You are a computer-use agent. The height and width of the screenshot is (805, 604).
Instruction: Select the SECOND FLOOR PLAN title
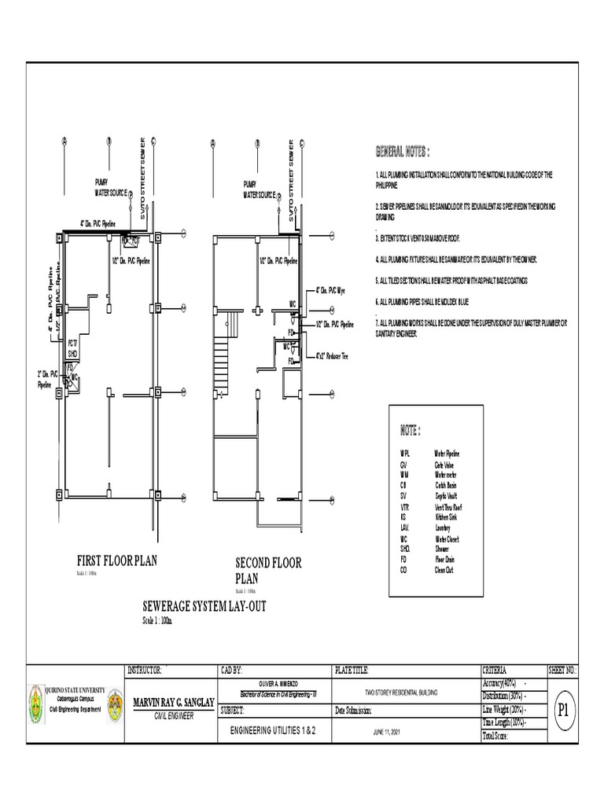[x=268, y=571]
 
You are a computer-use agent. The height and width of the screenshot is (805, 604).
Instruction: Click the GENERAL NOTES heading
[x=403, y=151]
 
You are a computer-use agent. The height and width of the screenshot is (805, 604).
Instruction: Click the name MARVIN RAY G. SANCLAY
[x=172, y=702]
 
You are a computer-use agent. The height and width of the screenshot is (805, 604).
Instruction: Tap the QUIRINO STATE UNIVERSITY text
[x=75, y=689]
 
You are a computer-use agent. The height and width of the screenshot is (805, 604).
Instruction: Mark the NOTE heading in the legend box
[x=411, y=431]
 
